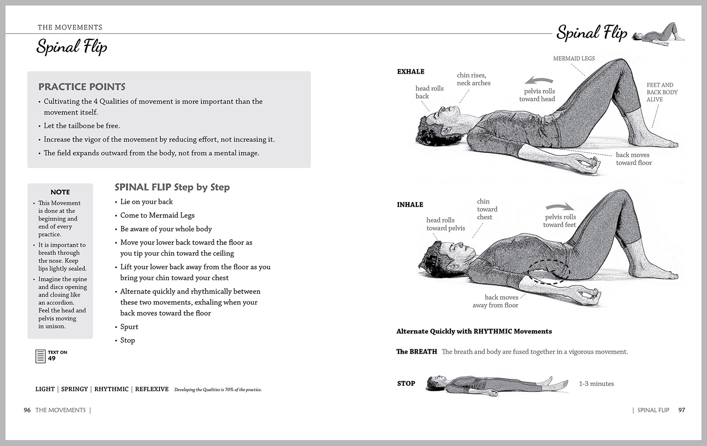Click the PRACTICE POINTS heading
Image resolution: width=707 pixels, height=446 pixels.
click(82, 87)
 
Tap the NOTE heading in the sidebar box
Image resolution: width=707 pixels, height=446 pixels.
click(60, 192)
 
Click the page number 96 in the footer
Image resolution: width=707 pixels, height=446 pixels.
click(27, 410)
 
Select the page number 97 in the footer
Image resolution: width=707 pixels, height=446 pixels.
click(682, 410)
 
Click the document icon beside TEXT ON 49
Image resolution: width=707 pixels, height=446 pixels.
click(40, 356)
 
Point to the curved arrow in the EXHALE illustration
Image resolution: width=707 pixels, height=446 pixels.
click(539, 80)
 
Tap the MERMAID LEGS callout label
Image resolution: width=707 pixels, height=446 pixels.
click(574, 58)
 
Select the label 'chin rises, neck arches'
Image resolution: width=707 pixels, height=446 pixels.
click(474, 79)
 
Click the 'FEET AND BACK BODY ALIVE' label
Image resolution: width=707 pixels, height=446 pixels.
click(661, 92)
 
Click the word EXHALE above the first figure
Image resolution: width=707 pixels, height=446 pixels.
click(411, 72)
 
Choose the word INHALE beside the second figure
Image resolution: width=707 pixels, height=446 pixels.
click(410, 204)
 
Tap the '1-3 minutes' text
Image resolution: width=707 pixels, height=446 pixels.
click(596, 384)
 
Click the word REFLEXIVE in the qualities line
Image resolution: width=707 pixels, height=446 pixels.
click(152, 389)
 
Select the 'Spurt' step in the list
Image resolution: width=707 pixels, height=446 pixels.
click(129, 327)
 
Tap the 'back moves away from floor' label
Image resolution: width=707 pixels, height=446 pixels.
click(495, 301)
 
